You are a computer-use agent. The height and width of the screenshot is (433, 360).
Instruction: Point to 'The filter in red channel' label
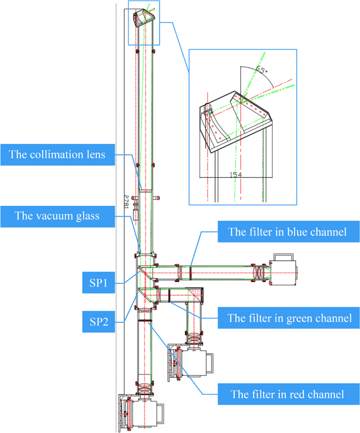click(x=287, y=394)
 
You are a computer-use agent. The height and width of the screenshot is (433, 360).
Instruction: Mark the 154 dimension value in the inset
click(x=236, y=174)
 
